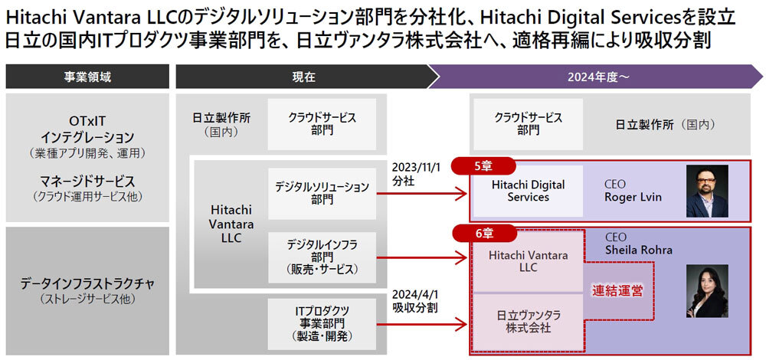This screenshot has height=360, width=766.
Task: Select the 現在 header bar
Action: click(303, 77)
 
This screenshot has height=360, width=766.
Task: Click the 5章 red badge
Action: click(483, 165)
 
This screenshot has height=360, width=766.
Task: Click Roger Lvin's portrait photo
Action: click(706, 191)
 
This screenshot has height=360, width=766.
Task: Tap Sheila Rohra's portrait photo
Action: click(705, 291)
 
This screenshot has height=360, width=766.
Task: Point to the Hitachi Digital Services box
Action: click(529, 191)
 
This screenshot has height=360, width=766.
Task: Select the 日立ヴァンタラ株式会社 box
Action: click(528, 322)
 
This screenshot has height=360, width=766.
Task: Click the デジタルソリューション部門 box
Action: click(322, 192)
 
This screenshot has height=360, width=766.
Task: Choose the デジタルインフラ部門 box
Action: click(322, 257)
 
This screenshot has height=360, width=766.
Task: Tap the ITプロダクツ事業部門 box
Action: click(322, 322)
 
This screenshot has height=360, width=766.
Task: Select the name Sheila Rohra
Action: click(638, 250)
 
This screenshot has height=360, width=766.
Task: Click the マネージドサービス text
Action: click(87, 182)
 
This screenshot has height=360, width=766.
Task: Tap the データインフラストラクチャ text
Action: click(87, 284)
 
